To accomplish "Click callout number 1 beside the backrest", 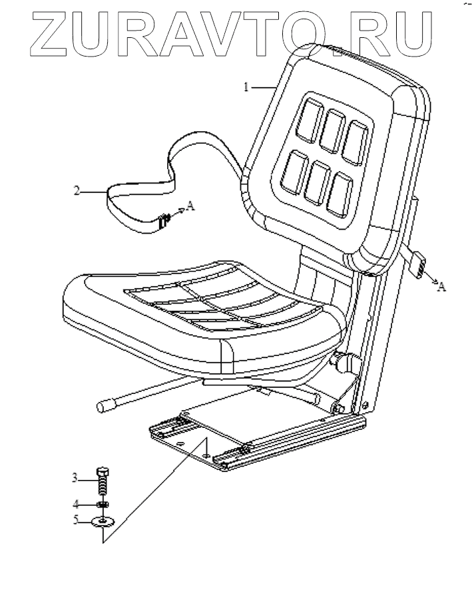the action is click(245, 87).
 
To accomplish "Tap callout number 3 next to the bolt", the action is click(75, 477).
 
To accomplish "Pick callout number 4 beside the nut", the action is click(75, 503).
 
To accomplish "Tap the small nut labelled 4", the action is click(103, 504).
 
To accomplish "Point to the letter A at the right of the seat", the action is click(443, 286).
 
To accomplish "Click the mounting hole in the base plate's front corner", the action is click(208, 455).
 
